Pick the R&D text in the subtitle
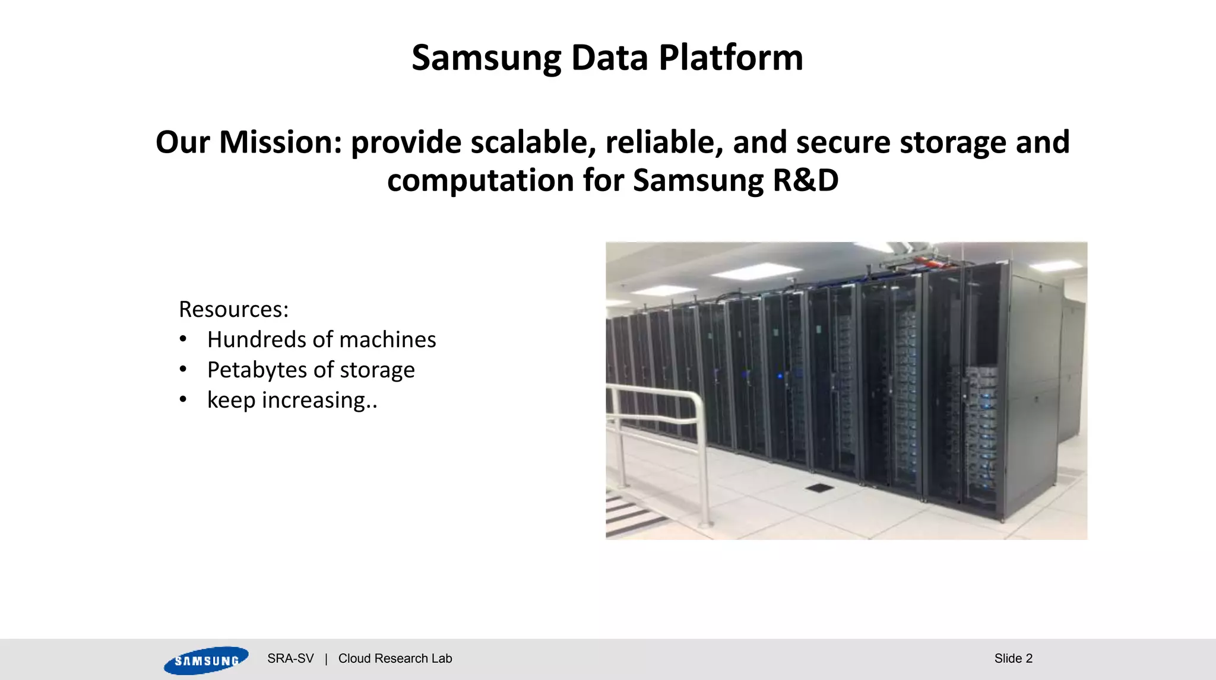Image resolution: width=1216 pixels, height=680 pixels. tap(805, 180)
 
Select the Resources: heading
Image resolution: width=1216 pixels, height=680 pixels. tap(233, 310)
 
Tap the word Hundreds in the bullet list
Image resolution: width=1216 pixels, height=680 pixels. tap(256, 339)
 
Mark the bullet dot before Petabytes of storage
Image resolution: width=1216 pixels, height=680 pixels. tap(183, 370)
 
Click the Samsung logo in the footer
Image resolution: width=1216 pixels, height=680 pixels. tap(205, 660)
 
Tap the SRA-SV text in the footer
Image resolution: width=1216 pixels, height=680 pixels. tap(290, 659)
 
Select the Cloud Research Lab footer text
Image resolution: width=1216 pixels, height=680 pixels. tap(395, 659)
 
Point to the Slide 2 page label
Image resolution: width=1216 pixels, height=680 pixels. tap(1013, 659)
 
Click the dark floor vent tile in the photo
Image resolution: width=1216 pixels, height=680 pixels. tap(819, 488)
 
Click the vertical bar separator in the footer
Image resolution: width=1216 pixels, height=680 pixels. tap(326, 659)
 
